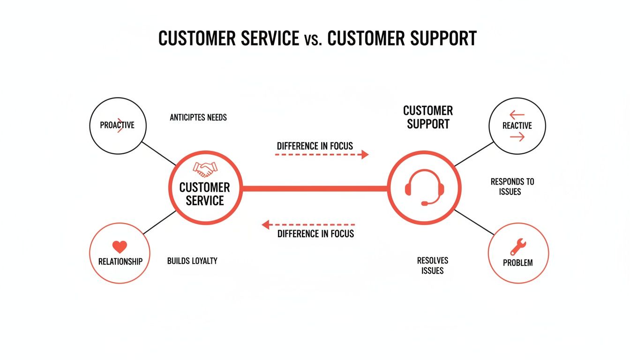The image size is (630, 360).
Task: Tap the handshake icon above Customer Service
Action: pyautogui.click(x=205, y=169)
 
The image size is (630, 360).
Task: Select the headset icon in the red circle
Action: pyautogui.click(x=424, y=187)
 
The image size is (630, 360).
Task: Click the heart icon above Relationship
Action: pyautogui.click(x=120, y=247)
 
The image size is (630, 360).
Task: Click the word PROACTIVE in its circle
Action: pyautogui.click(x=117, y=125)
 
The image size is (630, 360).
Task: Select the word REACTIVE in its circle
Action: pyautogui.click(x=517, y=126)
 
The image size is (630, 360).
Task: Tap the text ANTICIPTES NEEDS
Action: pyautogui.click(x=198, y=117)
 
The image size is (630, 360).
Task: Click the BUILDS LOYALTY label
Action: pyautogui.click(x=192, y=261)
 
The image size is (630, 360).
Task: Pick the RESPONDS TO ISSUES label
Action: pyautogui.click(x=512, y=187)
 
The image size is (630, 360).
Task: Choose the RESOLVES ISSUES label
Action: pyautogui.click(x=432, y=265)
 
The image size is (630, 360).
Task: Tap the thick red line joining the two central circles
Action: pyautogui.click(x=315, y=188)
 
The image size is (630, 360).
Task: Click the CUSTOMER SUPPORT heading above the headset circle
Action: pyautogui.click(x=428, y=117)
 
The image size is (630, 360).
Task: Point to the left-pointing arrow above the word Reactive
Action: pyautogui.click(x=517, y=114)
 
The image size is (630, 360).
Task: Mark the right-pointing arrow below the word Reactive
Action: pyautogui.click(x=517, y=137)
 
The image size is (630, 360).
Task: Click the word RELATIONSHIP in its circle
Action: pyautogui.click(x=120, y=262)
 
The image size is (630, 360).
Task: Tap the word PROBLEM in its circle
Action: pyautogui.click(x=517, y=262)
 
